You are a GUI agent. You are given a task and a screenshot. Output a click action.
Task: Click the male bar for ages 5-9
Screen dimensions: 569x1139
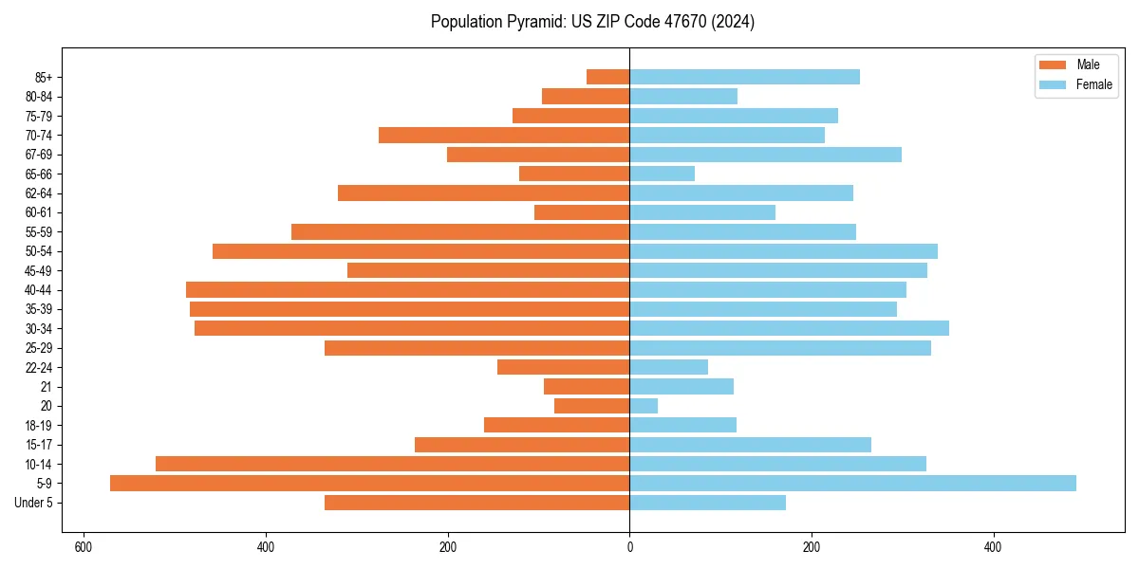369,484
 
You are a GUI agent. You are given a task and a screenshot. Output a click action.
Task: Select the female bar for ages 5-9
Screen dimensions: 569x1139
852,484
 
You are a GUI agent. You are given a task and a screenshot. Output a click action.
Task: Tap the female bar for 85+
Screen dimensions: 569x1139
744,77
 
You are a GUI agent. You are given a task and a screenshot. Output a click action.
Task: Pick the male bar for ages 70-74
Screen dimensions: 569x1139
504,136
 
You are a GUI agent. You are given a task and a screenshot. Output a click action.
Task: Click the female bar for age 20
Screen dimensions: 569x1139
644,406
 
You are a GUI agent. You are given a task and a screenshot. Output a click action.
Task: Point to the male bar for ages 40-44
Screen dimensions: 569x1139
407,290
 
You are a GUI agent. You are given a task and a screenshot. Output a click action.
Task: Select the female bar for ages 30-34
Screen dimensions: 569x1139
789,328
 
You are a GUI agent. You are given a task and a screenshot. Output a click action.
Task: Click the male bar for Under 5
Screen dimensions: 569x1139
476,503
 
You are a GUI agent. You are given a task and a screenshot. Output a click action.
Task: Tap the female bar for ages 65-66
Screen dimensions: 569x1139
662,174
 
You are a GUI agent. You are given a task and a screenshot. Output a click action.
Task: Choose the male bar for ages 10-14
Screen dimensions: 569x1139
392,464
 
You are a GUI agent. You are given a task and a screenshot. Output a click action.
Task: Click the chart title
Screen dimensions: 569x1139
592,22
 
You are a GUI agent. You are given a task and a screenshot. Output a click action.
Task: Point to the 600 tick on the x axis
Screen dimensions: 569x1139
84,547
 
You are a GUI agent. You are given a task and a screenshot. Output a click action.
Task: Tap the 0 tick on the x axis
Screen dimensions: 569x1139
629,547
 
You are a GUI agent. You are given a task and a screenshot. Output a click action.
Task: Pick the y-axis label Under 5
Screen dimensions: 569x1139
34,503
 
